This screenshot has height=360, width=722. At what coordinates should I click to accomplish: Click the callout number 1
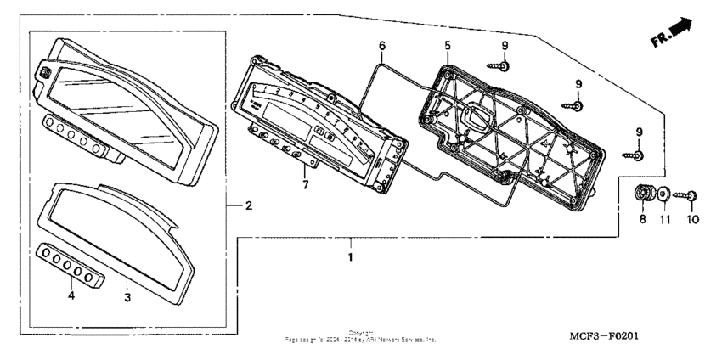tap(348, 255)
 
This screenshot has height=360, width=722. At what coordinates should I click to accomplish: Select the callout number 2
tap(248, 206)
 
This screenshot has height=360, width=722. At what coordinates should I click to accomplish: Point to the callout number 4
tap(71, 295)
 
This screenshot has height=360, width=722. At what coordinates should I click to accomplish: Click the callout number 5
tap(446, 44)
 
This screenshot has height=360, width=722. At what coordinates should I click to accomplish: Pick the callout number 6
tap(381, 44)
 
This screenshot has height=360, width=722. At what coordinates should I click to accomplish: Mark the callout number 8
tap(641, 219)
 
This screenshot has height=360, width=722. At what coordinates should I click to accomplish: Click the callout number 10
tap(691, 219)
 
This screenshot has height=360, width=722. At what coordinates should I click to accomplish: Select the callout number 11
tap(665, 219)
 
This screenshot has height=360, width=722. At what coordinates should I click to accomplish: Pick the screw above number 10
tap(686, 195)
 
